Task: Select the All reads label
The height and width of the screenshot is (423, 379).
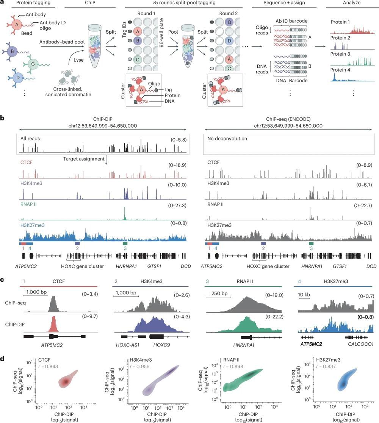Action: (31, 139)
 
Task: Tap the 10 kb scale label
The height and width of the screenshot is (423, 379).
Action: (304, 293)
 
